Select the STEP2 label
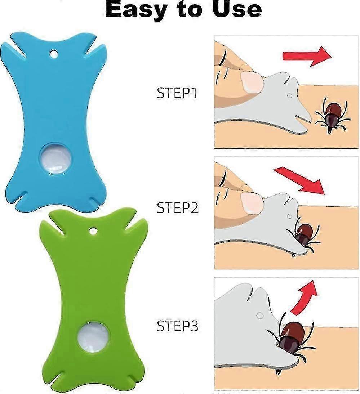pos(177,208)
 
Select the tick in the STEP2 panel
pos(303,235)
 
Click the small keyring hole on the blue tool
pos(54,54)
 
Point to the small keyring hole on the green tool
pos(93,230)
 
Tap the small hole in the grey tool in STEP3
pos(258,315)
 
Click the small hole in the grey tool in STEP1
pos(289,96)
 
